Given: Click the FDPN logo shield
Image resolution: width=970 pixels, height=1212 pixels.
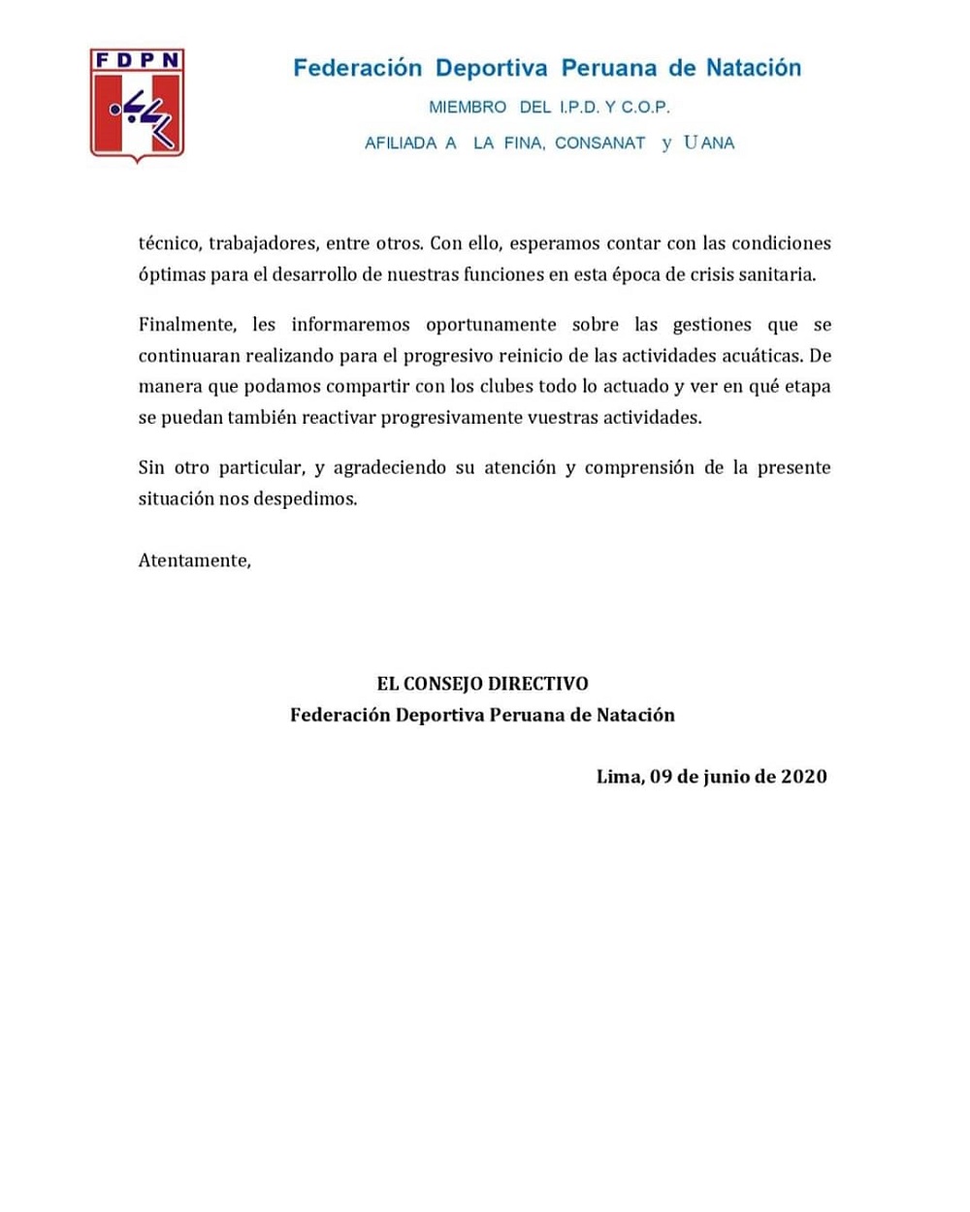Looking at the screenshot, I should (x=137, y=104).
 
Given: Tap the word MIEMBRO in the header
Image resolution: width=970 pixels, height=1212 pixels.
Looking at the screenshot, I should (x=468, y=107).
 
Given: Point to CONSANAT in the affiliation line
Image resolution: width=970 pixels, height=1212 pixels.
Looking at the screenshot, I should (x=599, y=143).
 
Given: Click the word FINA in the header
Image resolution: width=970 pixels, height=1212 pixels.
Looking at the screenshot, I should (x=523, y=143).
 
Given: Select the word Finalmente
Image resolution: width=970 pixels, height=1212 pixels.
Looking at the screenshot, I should (x=186, y=324).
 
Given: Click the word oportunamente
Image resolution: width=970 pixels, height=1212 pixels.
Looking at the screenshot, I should (x=491, y=324).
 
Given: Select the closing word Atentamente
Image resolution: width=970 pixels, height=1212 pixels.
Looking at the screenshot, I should (x=194, y=560).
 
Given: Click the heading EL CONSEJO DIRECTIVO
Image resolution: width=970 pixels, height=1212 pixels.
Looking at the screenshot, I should (x=482, y=684).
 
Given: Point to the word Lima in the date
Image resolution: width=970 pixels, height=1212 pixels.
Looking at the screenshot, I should (x=620, y=776).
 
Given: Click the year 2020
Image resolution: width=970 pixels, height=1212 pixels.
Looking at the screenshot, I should (x=803, y=776).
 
